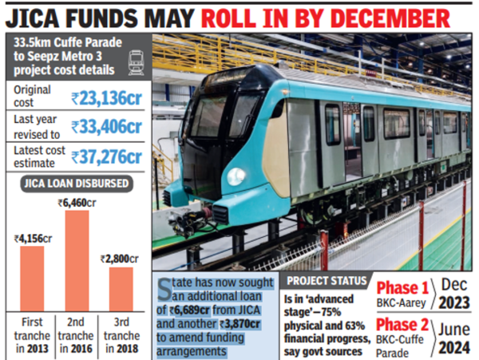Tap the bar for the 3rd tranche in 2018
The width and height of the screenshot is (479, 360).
pos(121,289)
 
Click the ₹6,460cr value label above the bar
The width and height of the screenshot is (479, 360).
pos(77,204)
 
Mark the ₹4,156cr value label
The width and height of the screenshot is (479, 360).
pos(31,238)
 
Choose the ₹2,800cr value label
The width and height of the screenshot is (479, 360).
pos(121,259)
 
